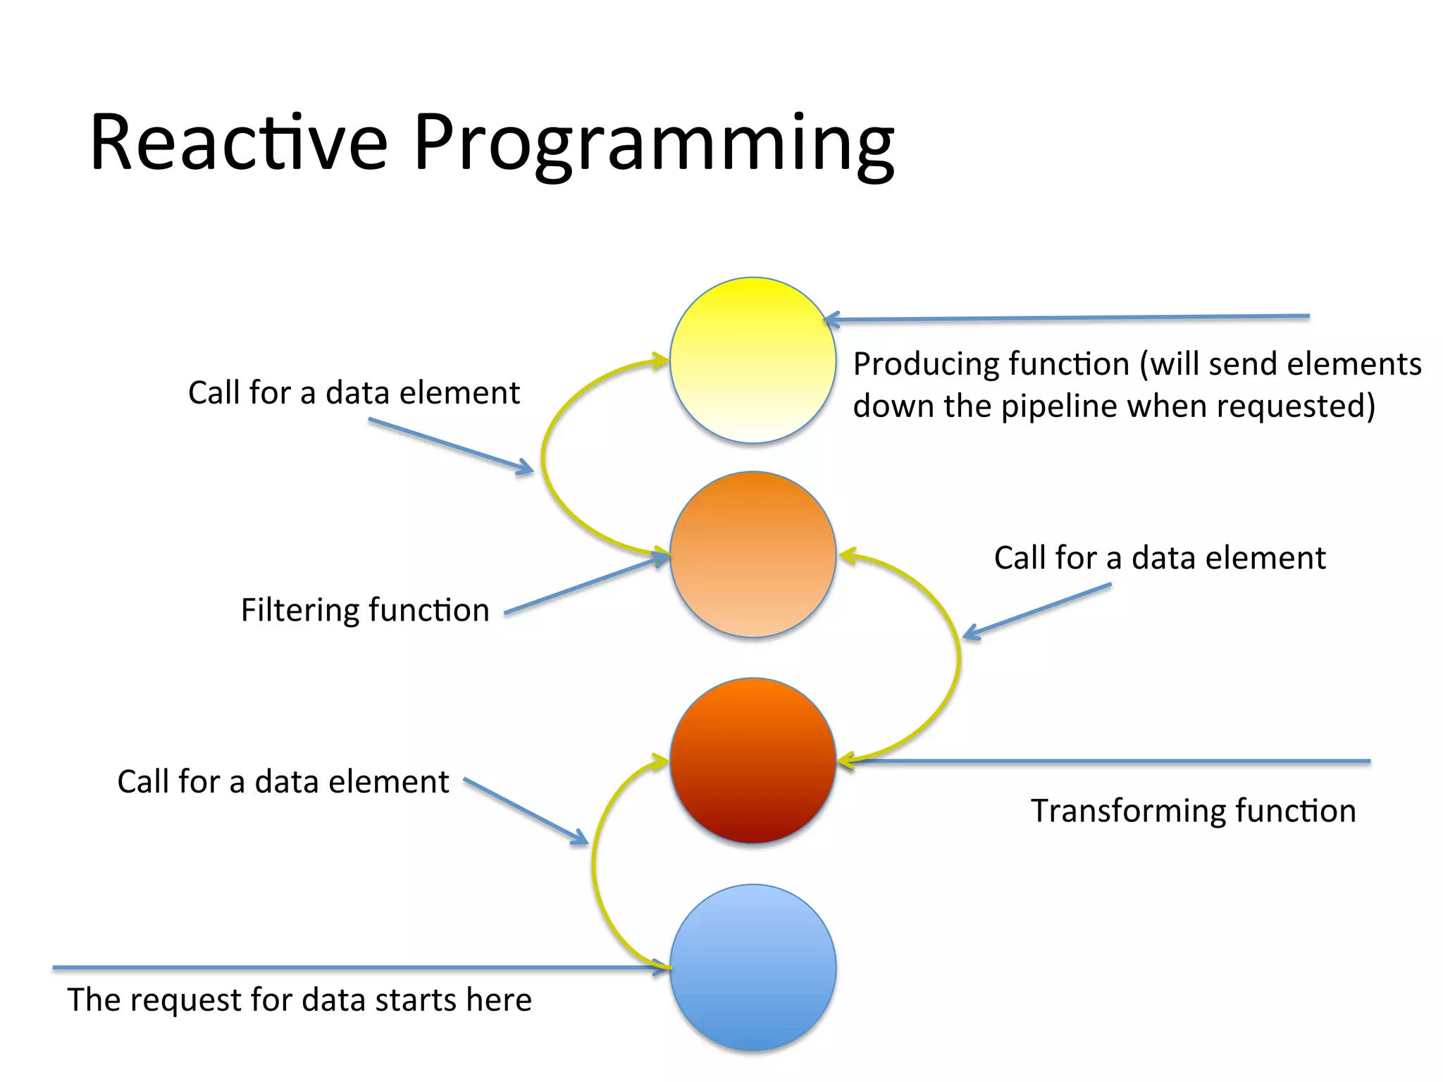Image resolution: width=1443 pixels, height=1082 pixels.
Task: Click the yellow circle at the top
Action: (x=753, y=360)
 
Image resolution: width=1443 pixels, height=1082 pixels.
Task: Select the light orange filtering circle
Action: (x=753, y=554)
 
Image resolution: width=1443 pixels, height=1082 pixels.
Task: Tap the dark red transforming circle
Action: (x=753, y=761)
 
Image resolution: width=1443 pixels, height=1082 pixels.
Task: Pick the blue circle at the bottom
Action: (x=753, y=967)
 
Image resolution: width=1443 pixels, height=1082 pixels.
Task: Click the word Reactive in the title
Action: (x=238, y=142)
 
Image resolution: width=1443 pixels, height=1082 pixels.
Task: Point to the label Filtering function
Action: (x=364, y=610)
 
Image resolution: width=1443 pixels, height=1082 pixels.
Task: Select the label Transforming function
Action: (x=1193, y=811)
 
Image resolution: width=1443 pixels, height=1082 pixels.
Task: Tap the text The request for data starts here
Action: (x=299, y=1000)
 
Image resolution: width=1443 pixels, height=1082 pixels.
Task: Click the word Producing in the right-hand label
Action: (x=920, y=364)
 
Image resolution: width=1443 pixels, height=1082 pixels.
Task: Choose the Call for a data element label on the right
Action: (x=1159, y=558)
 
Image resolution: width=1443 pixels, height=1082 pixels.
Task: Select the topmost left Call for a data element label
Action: (x=354, y=392)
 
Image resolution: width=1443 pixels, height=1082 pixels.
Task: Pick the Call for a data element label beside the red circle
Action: (x=283, y=782)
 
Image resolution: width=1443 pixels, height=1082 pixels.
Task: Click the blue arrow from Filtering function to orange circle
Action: (x=585, y=586)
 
